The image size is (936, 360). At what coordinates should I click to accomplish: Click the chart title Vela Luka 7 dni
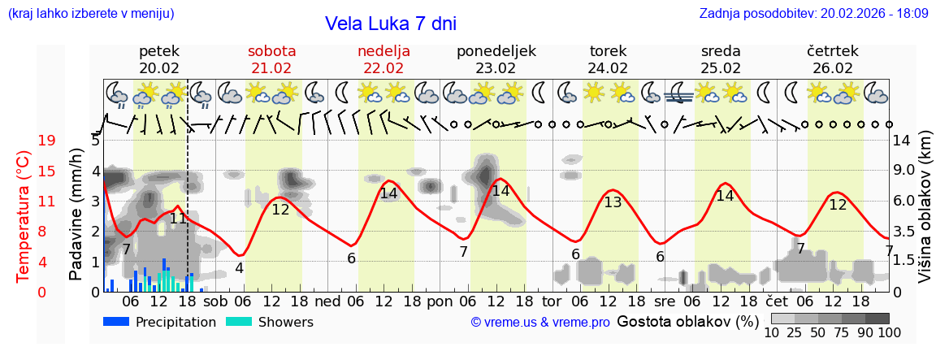click(390, 24)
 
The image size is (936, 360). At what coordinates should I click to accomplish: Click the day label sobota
click(271, 51)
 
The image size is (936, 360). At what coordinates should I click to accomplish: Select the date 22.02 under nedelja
click(383, 68)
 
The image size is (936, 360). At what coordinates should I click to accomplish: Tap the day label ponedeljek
click(496, 51)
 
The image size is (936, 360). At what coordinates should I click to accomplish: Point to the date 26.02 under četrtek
click(833, 68)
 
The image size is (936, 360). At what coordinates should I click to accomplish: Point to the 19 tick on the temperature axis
click(47, 141)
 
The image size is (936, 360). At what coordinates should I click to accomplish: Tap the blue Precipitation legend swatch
click(117, 322)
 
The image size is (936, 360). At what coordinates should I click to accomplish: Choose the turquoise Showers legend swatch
click(239, 322)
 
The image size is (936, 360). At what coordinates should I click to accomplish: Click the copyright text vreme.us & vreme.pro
click(540, 323)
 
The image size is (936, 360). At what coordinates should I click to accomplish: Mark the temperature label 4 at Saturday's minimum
click(239, 267)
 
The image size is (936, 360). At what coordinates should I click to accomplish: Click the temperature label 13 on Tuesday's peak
click(613, 202)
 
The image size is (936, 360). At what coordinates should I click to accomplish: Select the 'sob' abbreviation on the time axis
click(215, 301)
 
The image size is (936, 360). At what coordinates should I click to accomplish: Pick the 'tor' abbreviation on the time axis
click(552, 301)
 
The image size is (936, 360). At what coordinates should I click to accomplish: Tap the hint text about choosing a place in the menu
click(91, 13)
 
